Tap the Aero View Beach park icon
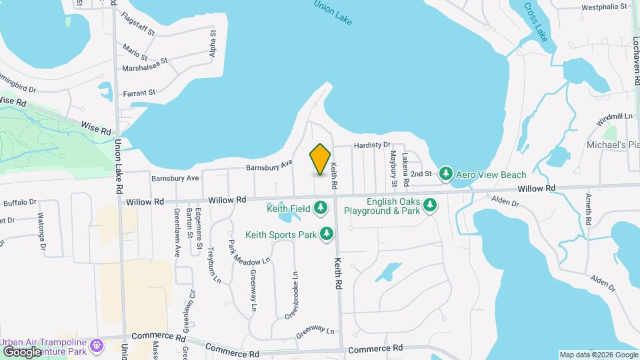point(446,175)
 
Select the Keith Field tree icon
point(321,209)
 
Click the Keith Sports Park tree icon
point(327,234)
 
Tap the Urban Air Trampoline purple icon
point(98,345)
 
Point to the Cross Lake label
point(535,21)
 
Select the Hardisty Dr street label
point(372,145)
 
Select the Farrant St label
point(138,93)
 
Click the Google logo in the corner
point(22,351)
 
